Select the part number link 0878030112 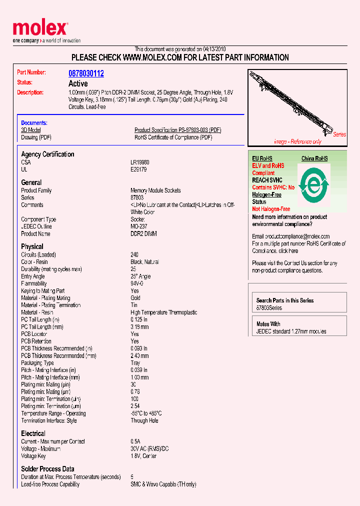86,73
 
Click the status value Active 78,83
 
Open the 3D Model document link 31,130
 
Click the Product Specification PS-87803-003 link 177,130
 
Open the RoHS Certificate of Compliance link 173,137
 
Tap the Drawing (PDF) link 36,137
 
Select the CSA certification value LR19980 140,162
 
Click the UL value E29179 139,169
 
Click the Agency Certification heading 47,154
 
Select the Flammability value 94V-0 137,283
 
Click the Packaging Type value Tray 135,363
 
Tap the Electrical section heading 33,433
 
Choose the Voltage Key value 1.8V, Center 143,456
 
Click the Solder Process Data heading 47,469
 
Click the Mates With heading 268,324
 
